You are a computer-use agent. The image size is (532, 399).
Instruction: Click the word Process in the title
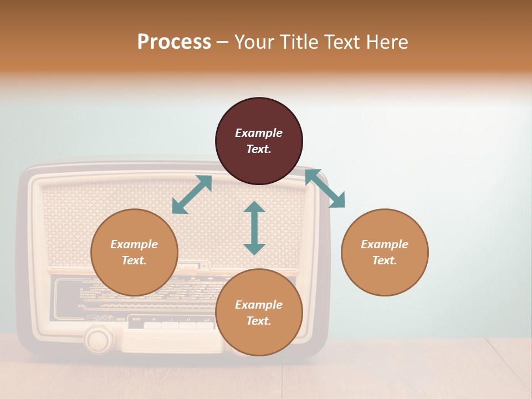174,42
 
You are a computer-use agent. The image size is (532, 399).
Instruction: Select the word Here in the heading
388,42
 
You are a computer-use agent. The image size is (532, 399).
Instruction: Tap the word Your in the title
255,42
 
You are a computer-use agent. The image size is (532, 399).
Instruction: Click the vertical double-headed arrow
254,228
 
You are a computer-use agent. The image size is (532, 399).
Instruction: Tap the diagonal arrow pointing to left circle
192,195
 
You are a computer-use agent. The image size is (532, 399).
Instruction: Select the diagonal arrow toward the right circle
325,188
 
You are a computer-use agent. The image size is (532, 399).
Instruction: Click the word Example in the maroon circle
259,133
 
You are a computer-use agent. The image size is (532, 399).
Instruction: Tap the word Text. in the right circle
385,260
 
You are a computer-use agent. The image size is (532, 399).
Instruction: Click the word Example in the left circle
134,244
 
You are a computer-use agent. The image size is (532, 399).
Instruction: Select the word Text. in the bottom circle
259,321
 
